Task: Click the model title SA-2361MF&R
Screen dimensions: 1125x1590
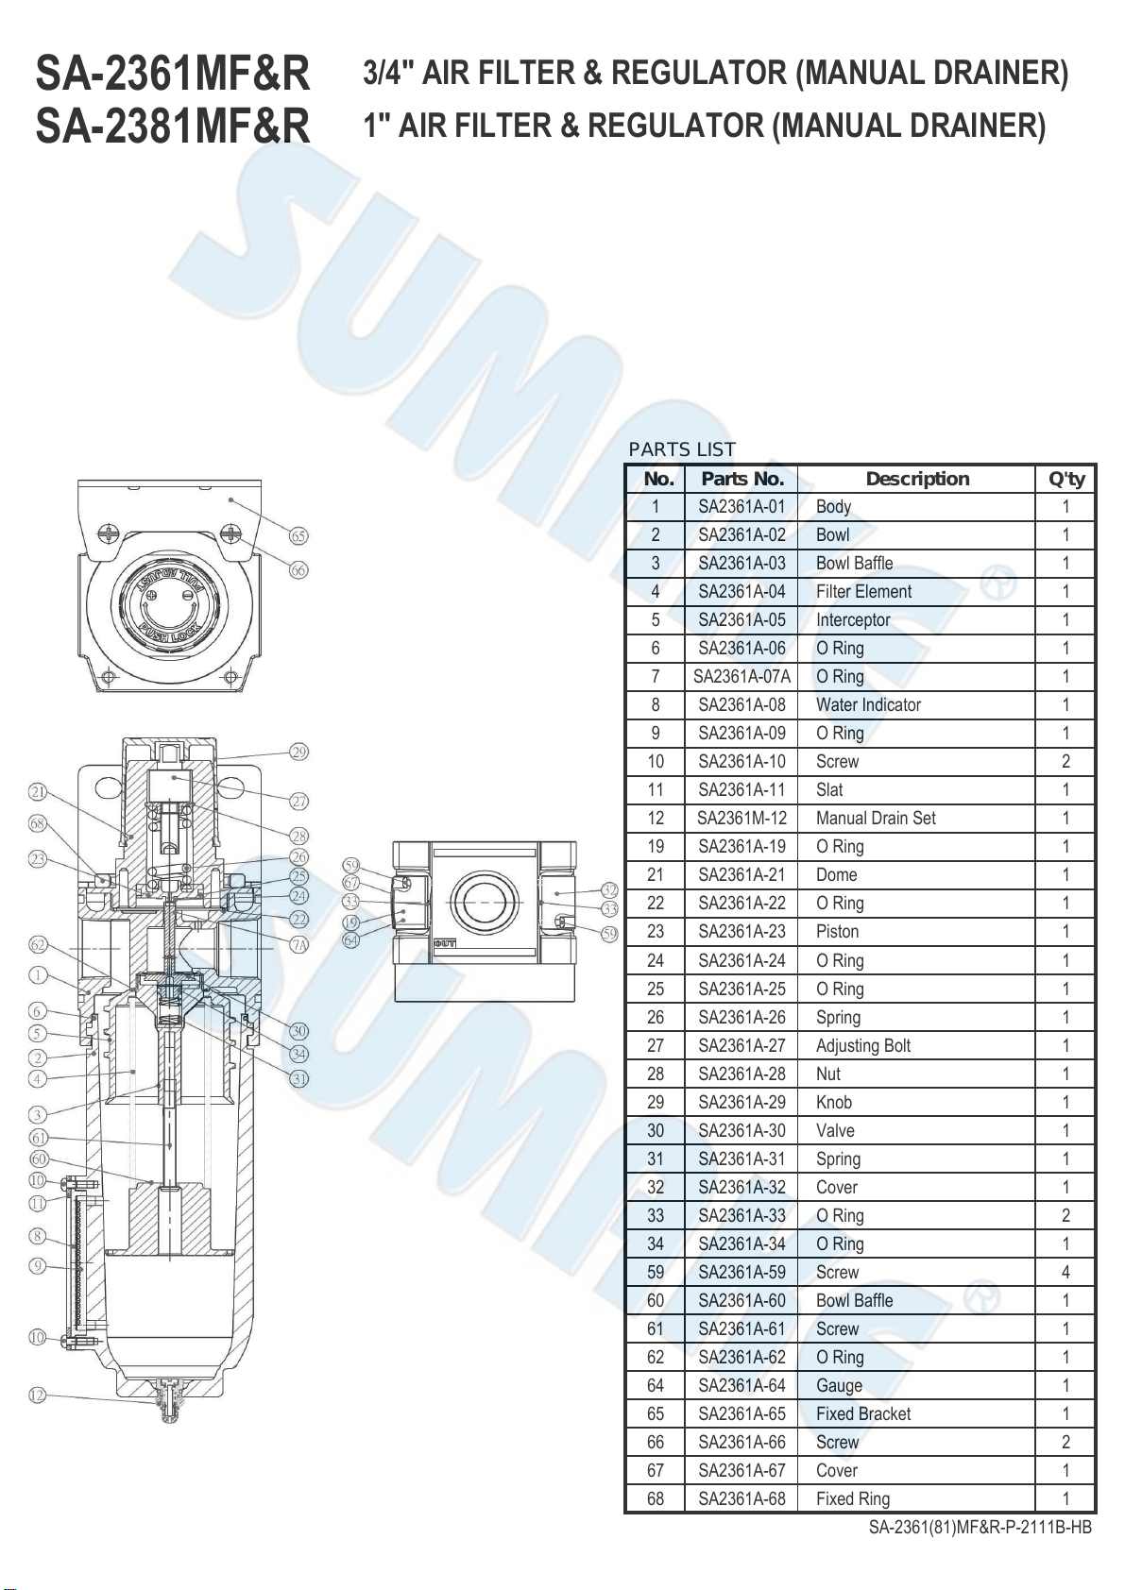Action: pyautogui.click(x=173, y=74)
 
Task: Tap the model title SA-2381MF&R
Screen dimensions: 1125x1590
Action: pyautogui.click(x=173, y=126)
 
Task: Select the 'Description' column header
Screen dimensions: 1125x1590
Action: pyautogui.click(x=917, y=479)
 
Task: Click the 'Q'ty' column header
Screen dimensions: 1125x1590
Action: pyautogui.click(x=1066, y=480)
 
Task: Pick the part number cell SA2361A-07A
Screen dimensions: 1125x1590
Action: pyautogui.click(x=741, y=676)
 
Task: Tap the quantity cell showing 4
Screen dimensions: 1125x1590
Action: pyautogui.click(x=1065, y=1272)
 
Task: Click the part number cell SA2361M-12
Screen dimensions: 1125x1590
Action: pyautogui.click(x=741, y=819)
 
